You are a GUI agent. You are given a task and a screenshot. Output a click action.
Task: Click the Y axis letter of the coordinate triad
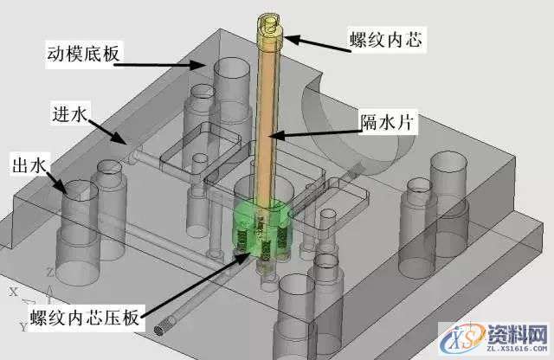coord(23,326)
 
